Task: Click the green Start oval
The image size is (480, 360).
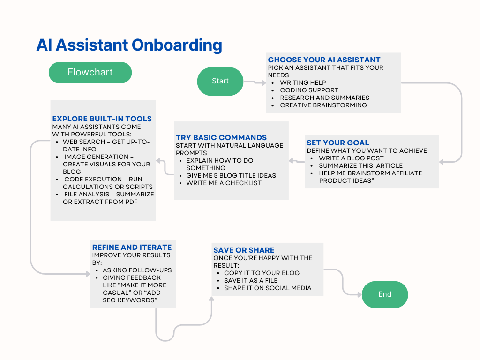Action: coord(220,81)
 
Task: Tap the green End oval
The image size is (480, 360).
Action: coord(384,294)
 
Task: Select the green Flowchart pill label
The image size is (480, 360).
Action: coord(90,72)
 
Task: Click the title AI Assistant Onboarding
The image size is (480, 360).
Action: coord(129,45)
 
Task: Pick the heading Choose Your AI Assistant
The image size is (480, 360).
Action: coord(324,60)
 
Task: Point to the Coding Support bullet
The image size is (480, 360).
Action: coord(309,90)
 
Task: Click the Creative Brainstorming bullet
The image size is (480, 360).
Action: coord(323,105)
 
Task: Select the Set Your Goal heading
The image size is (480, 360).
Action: coord(337,142)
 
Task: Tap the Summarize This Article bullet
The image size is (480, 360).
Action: coord(360,165)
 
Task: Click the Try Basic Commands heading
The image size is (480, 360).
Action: coord(221,137)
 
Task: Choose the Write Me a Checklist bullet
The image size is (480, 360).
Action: coord(224,183)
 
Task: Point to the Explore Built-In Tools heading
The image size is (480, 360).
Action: coord(102,119)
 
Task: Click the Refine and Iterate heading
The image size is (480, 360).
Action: coord(132,247)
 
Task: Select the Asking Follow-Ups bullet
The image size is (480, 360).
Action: coord(137,270)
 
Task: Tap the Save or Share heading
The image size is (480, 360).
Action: coord(244,250)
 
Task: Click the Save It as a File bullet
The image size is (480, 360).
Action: coord(250,280)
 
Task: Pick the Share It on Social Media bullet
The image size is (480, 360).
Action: coord(267,288)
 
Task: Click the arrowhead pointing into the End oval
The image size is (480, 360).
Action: coord(359,294)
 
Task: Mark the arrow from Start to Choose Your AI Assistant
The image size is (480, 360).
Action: coord(255,82)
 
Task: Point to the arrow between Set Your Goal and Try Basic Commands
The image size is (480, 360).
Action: coord(296,161)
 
